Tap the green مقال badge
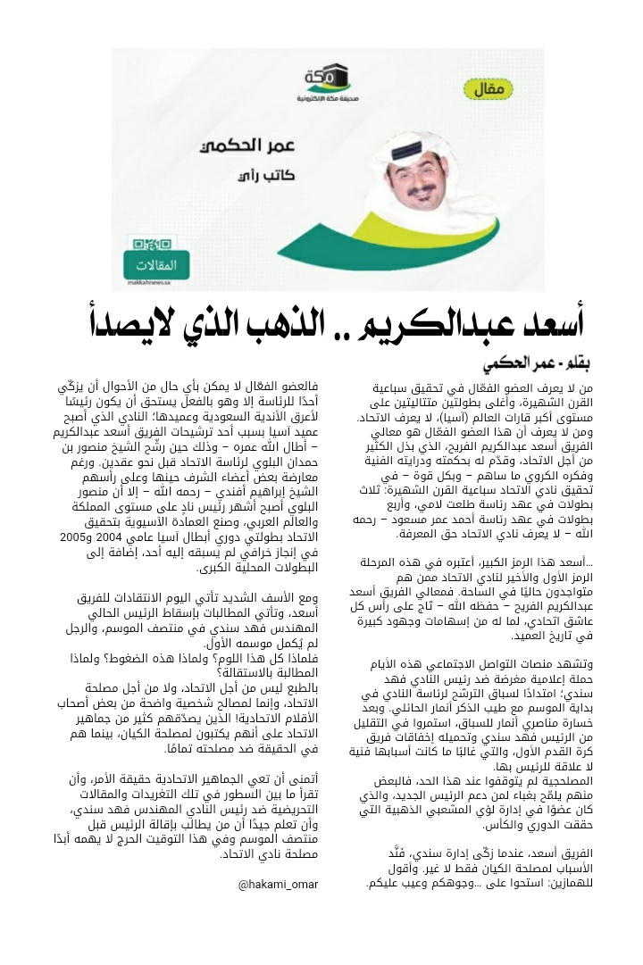click(x=492, y=89)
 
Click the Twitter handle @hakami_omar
click(x=278, y=884)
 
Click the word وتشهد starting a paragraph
click(x=569, y=664)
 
